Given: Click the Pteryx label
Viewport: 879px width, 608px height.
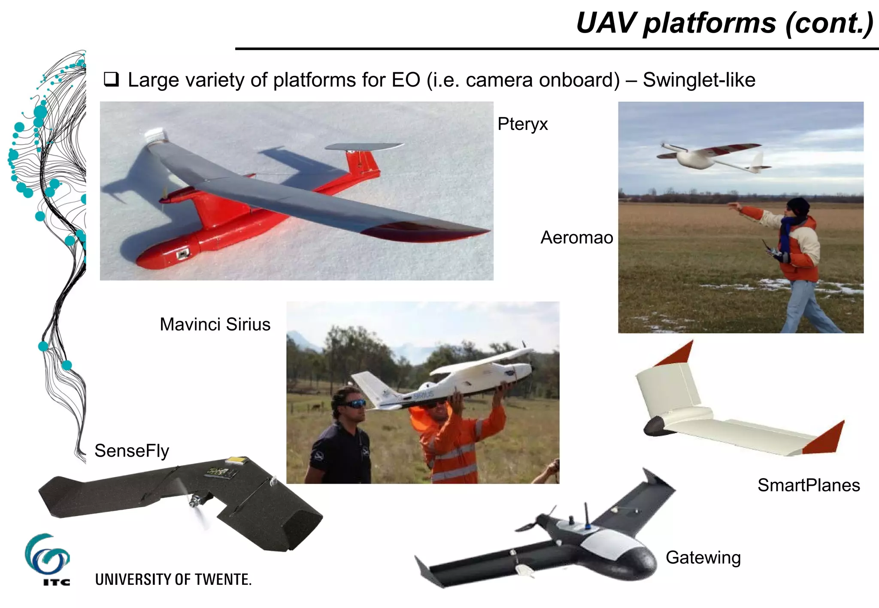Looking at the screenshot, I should click(x=522, y=124).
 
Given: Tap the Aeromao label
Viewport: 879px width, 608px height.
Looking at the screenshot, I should click(x=576, y=238).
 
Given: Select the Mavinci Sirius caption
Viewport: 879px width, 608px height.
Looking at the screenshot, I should click(x=215, y=325).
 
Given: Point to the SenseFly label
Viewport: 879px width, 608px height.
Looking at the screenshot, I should click(x=132, y=451).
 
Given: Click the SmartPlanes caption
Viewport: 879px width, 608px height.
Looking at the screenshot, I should click(x=809, y=485).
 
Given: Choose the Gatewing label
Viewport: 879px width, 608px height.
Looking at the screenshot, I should click(x=703, y=557).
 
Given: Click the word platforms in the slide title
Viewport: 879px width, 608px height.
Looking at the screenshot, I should click(x=709, y=23).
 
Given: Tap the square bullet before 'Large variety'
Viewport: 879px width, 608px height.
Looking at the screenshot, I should click(x=111, y=80).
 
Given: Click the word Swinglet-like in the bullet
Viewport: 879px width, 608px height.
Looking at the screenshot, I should click(x=699, y=80).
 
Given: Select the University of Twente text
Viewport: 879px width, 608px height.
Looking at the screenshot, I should click(x=173, y=580).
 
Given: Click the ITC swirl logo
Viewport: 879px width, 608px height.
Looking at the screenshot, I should click(x=46, y=554).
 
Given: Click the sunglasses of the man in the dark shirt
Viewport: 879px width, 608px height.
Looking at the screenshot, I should click(x=354, y=403).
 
